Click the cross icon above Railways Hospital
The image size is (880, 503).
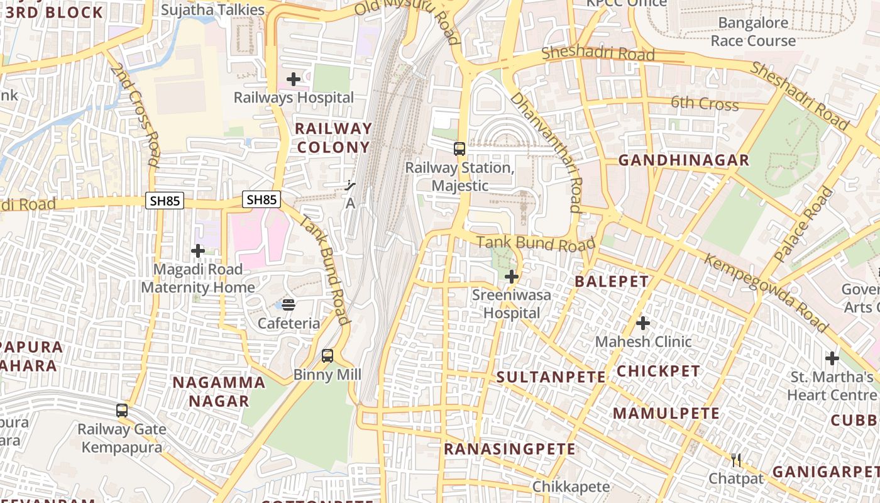(x=293, y=79)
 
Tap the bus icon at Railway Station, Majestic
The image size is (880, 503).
(x=459, y=149)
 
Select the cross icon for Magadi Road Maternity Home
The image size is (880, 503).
(x=198, y=251)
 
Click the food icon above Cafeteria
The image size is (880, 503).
(x=289, y=305)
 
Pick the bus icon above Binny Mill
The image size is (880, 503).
(x=327, y=356)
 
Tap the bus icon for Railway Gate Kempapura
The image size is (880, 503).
(x=122, y=411)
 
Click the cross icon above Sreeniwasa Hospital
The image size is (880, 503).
(x=512, y=276)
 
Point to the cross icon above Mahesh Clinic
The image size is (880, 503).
(x=642, y=323)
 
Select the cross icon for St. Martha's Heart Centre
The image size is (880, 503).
(x=832, y=358)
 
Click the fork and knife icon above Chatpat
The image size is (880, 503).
(x=736, y=460)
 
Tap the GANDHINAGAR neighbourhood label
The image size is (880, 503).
(x=684, y=160)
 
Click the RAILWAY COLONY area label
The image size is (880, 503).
(x=333, y=138)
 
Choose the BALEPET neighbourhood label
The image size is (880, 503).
(x=612, y=281)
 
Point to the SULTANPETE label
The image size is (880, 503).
(x=551, y=377)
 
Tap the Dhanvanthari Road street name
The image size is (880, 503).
(x=546, y=152)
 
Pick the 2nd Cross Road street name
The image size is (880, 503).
(x=135, y=114)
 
